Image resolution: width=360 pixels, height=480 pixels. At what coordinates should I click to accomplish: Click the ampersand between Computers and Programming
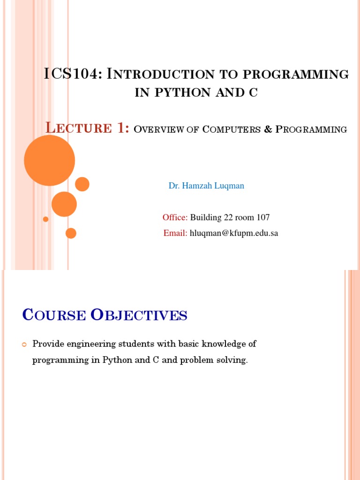click(268, 129)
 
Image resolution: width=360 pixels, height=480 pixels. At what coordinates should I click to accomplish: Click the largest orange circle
click(49, 160)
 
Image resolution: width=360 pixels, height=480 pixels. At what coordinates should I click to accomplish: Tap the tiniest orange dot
click(45, 219)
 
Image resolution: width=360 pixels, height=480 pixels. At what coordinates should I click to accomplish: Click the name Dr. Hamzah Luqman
click(206, 186)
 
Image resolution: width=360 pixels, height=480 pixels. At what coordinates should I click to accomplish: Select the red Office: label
click(175, 217)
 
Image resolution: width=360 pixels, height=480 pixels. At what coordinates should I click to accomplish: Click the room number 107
click(263, 217)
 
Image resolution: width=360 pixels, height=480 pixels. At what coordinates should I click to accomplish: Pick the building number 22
click(224, 217)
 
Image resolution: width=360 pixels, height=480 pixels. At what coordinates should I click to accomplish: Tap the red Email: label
click(175, 233)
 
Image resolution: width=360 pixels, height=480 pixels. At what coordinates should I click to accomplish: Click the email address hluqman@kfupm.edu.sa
click(234, 233)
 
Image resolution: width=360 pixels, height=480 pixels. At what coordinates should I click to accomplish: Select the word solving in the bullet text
click(232, 360)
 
